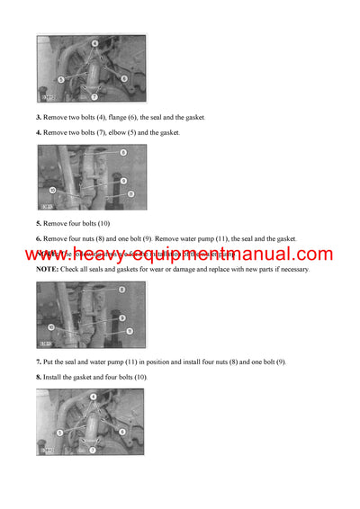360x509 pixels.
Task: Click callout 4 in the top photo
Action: coord(94,42)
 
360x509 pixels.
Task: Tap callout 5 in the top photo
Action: coord(60,79)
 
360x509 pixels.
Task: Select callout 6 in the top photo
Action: coord(123,79)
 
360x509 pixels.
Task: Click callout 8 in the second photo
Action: coord(122,153)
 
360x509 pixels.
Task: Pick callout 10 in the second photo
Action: coord(52,191)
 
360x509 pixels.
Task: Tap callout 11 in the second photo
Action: coord(130,192)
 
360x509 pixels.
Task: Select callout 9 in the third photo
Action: coord(121,318)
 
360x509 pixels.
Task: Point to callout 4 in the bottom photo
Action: coord(93,397)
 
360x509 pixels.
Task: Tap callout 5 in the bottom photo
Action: coord(59,432)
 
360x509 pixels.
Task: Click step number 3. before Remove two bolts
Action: coord(39,118)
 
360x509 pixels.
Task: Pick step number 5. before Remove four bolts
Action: coord(39,222)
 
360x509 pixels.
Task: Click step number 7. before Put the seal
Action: coord(39,361)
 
